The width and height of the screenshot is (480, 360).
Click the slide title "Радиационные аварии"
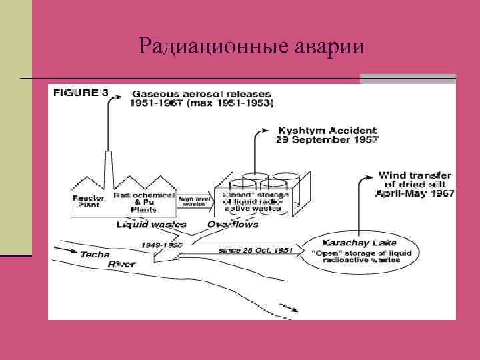[253, 46]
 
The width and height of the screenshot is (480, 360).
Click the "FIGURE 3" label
[81, 93]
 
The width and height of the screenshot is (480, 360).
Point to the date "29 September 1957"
[327, 140]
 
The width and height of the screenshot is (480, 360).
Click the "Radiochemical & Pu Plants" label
[144, 202]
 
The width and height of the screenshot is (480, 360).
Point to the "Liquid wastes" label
[151, 224]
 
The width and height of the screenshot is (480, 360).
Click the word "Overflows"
[233, 224]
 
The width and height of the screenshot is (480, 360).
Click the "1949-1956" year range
[162, 245]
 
